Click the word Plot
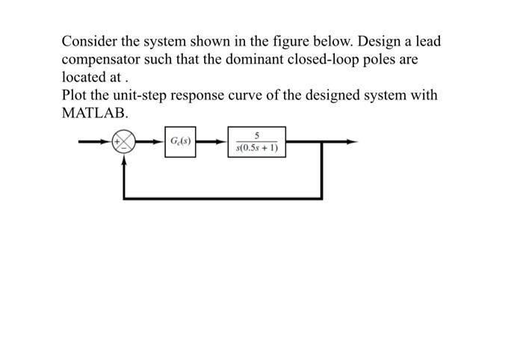(x=75, y=96)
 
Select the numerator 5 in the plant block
(x=256, y=136)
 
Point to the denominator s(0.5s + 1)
(x=256, y=148)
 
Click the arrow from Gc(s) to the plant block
(x=214, y=142)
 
